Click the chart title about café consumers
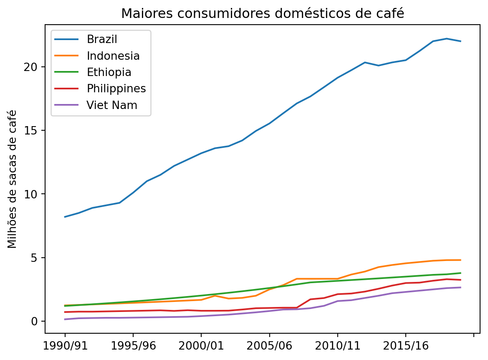point(263,13)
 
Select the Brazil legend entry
point(102,39)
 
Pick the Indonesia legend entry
point(113,56)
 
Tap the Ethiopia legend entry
point(109,72)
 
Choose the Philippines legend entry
point(116,89)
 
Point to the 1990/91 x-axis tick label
point(65,346)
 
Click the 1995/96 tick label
point(133,346)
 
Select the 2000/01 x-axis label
point(201,346)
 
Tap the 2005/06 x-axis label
point(269,346)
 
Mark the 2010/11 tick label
point(337,346)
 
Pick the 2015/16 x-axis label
point(405,346)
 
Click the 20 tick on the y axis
point(35,67)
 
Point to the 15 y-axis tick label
point(35,131)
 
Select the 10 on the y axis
point(35,194)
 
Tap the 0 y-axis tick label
point(38,322)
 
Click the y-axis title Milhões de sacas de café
point(13,179)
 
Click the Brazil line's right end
point(460,41)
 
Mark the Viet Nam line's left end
point(65,319)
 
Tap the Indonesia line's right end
point(460,260)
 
